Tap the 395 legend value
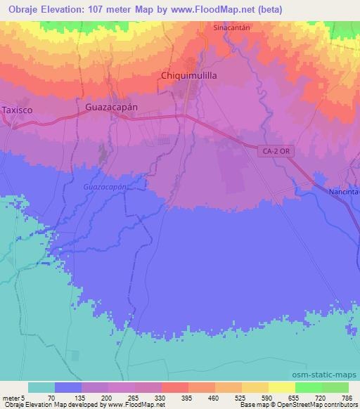tap(188, 397)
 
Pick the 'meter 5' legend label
tap(14, 397)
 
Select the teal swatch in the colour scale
tap(41, 387)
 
